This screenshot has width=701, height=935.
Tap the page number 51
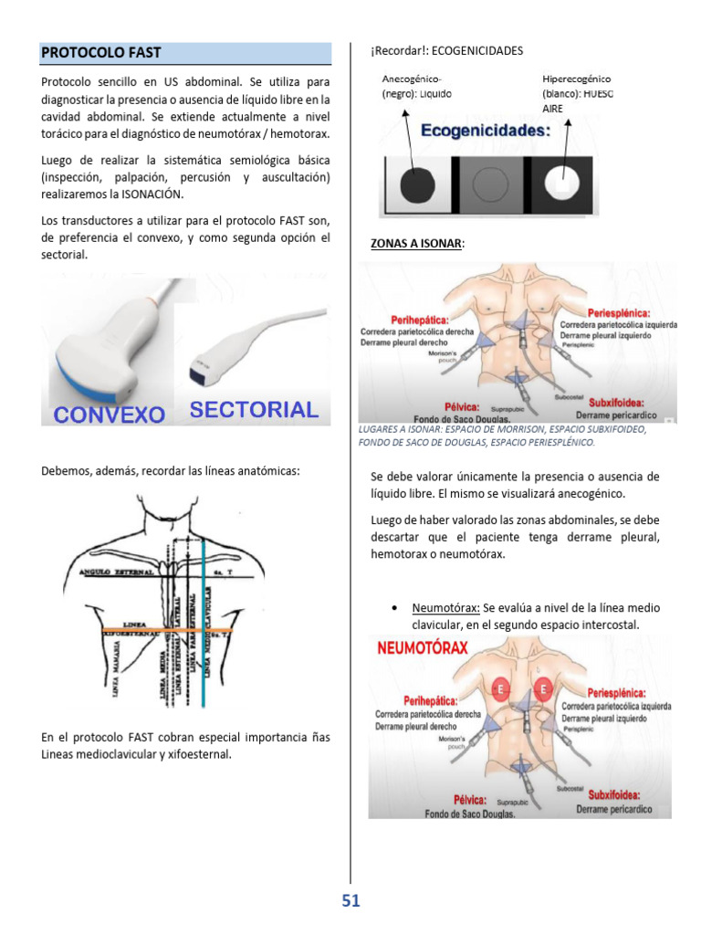click(351, 901)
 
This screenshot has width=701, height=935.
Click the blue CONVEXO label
click(110, 415)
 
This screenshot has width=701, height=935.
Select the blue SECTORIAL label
click(254, 410)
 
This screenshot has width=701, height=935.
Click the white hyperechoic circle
click(562, 184)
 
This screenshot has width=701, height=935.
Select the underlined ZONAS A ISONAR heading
click(416, 244)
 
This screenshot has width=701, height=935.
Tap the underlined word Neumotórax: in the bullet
click(445, 607)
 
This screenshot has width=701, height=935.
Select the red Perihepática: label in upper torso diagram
click(419, 320)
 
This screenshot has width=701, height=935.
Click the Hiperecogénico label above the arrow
click(577, 79)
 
